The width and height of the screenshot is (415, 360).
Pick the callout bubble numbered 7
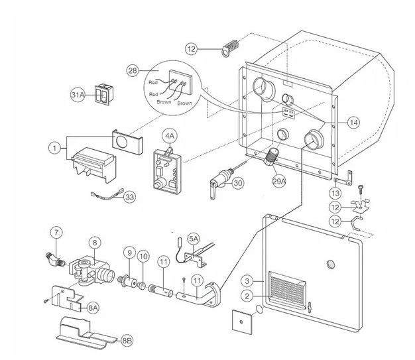click(x=57, y=232)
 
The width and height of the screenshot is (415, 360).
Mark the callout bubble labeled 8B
click(x=127, y=341)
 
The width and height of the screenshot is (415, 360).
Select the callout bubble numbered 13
click(x=336, y=192)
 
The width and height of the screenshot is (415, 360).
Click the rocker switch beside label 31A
click(x=104, y=95)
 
